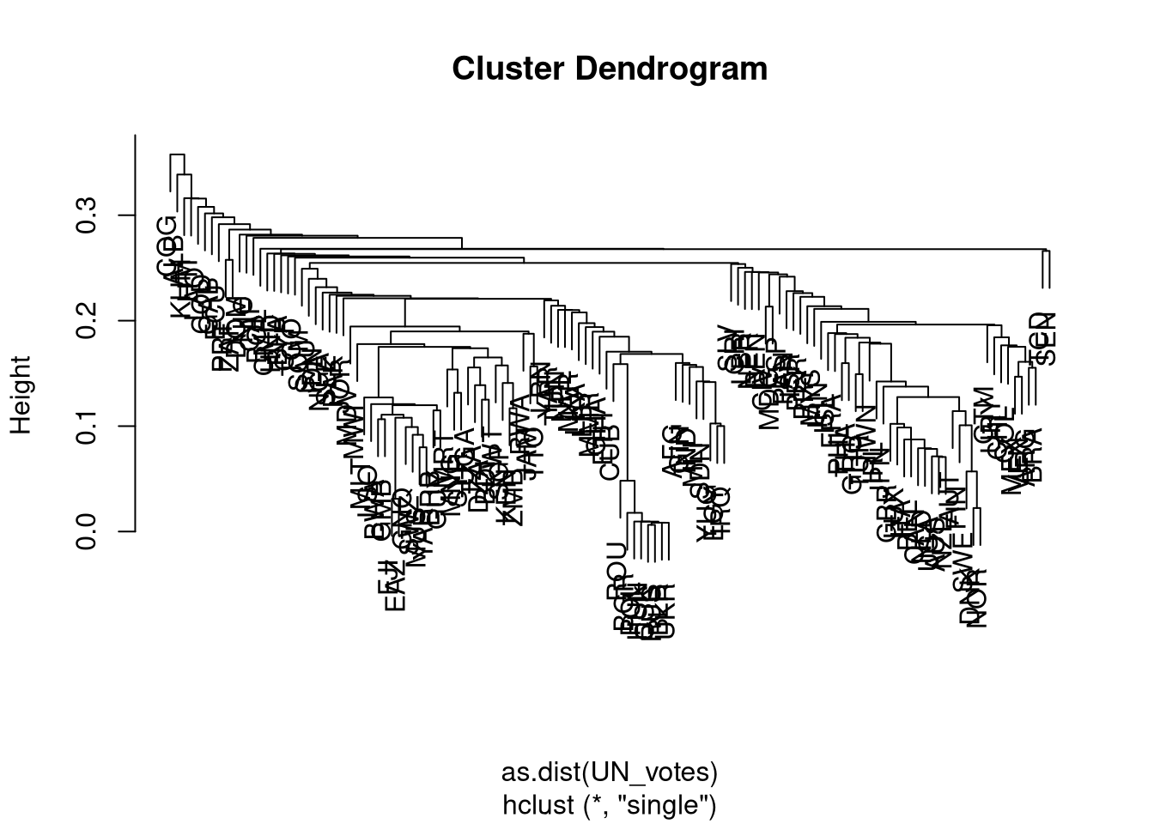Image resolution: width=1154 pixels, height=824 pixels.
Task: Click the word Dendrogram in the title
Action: pyautogui.click(x=666, y=68)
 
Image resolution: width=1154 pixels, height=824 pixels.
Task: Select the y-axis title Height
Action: pyautogui.click(x=21, y=395)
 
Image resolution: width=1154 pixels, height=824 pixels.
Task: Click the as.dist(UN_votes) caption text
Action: pyautogui.click(x=609, y=772)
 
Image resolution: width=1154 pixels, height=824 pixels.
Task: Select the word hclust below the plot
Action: pyautogui.click(x=540, y=805)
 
